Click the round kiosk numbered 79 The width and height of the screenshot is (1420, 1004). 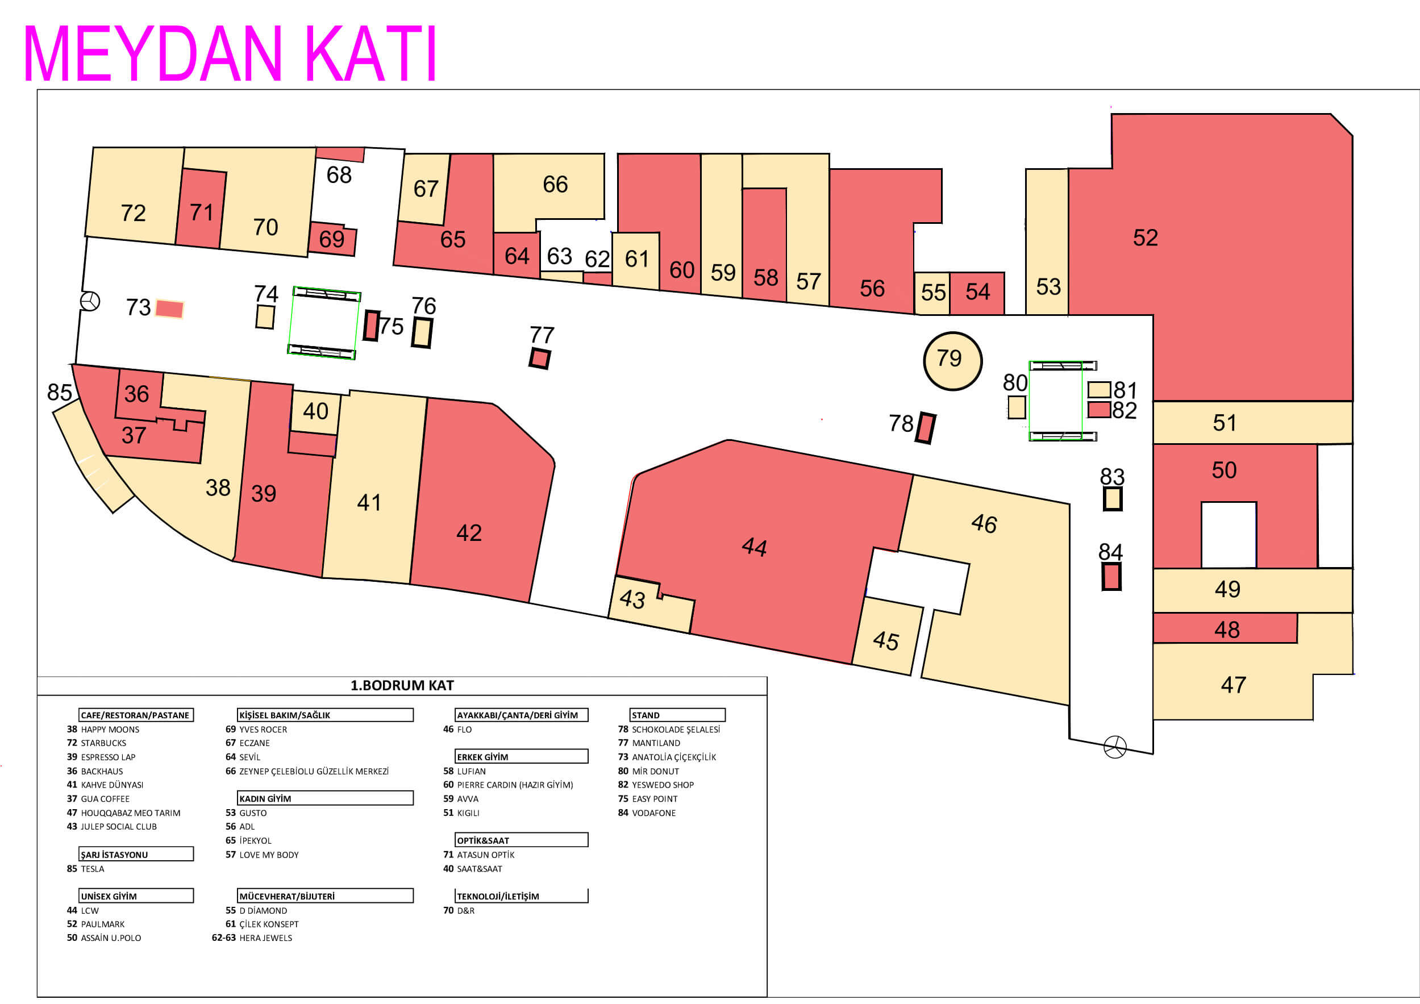[952, 361]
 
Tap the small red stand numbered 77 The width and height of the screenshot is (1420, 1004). [539, 358]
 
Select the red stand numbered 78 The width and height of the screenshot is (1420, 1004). [925, 427]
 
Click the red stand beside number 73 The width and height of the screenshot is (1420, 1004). [169, 308]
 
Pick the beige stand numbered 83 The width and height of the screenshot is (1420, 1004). [1113, 499]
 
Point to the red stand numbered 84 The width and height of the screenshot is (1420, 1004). [1111, 577]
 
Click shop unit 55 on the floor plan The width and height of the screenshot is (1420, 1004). [932, 293]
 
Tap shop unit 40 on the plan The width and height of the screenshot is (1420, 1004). [315, 411]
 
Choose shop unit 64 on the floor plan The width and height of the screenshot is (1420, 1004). [517, 255]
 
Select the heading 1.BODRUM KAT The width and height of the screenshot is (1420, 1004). [402, 685]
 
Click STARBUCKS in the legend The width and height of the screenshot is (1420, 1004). [103, 743]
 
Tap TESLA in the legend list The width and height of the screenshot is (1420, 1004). [92, 869]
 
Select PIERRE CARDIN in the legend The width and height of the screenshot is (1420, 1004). [515, 785]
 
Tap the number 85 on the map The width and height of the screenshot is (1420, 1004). [59, 392]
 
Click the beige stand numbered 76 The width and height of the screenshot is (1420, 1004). [422, 333]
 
